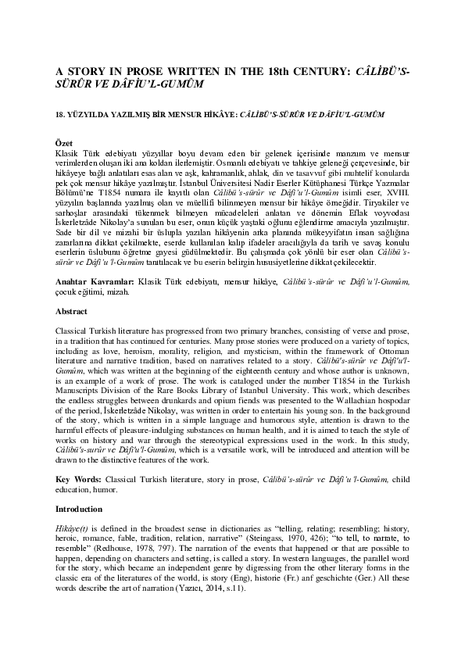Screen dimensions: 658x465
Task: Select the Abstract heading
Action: (x=72, y=310)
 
